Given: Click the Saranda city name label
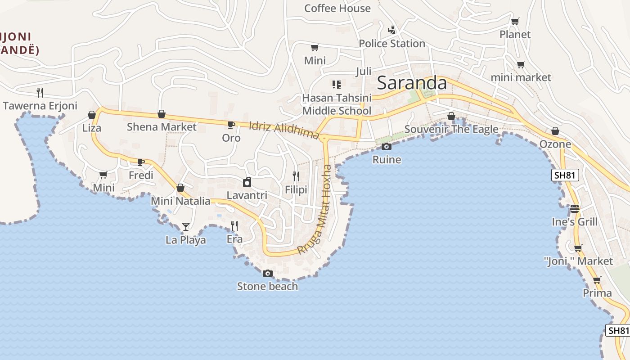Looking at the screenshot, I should pyautogui.click(x=412, y=83).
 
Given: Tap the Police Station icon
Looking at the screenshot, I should pyautogui.click(x=392, y=30).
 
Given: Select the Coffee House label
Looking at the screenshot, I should pyautogui.click(x=337, y=8).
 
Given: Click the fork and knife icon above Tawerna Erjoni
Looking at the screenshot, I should pyautogui.click(x=40, y=92).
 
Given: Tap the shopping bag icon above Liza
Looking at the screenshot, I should pyautogui.click(x=92, y=115).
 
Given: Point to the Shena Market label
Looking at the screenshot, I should pyautogui.click(x=162, y=127).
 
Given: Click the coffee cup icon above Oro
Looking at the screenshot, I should pyautogui.click(x=231, y=125).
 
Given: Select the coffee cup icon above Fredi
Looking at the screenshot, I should pyautogui.click(x=140, y=162).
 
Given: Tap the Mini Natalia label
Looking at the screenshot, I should pyautogui.click(x=180, y=201).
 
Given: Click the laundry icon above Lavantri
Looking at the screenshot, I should pyautogui.click(x=247, y=182).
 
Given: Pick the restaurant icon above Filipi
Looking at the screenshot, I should pyautogui.click(x=296, y=176).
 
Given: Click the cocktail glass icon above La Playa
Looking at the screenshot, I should pyautogui.click(x=185, y=226).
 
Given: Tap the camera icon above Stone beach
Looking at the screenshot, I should pyautogui.click(x=267, y=273).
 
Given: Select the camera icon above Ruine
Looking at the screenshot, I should pyautogui.click(x=386, y=146).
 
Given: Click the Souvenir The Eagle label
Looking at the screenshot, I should pyautogui.click(x=451, y=130).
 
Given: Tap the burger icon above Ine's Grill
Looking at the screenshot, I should pyautogui.click(x=574, y=208).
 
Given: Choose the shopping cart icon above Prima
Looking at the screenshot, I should pyautogui.click(x=597, y=280).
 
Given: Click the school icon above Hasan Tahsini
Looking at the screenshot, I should pyautogui.click(x=336, y=84).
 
